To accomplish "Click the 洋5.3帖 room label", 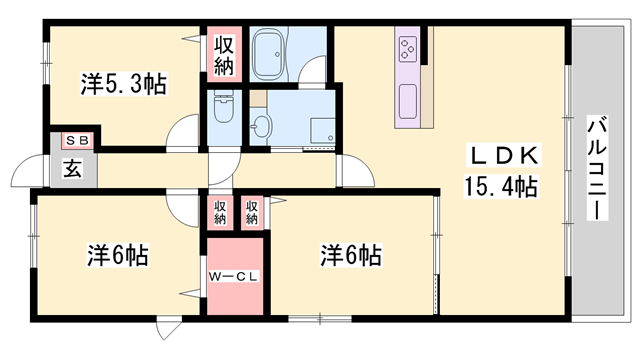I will [123, 85].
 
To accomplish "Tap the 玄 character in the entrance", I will [74, 169].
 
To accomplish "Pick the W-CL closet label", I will [234, 276].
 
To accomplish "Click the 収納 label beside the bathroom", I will [222, 55].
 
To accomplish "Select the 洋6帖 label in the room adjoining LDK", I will [351, 254].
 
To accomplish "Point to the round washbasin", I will [262, 125].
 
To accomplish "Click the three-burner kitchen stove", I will [409, 47].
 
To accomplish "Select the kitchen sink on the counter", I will [409, 100].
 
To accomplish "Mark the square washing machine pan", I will [322, 131].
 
